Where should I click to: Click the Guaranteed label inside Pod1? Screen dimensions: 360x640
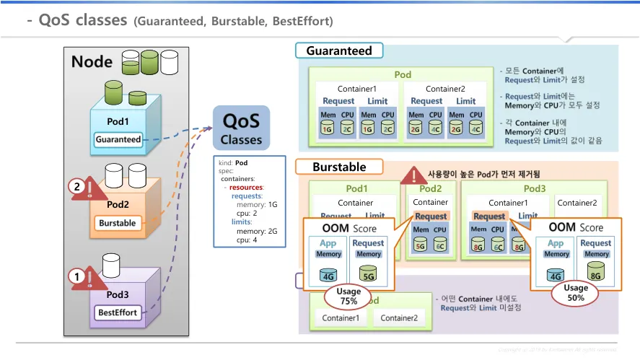pos(118,139)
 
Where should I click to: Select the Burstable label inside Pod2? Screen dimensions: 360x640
pos(118,223)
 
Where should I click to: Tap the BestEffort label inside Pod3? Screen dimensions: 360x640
pos(118,313)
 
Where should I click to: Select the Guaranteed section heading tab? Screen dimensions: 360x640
pos(339,51)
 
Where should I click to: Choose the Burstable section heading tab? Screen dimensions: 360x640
pos(339,167)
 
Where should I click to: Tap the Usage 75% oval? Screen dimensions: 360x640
pos(349,296)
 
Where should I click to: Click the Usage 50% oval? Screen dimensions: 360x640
pos(576,292)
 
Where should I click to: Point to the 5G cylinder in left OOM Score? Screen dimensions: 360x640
pos(368,274)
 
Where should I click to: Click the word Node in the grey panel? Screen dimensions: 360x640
pos(92,61)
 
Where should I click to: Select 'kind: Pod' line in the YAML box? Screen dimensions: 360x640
pos(232,162)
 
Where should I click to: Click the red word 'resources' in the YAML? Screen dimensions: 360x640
pos(247,187)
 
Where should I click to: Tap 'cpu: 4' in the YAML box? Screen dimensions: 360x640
pos(248,240)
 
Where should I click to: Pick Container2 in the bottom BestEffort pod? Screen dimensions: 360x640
pos(398,318)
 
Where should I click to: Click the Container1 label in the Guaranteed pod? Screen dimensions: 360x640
pos(356,89)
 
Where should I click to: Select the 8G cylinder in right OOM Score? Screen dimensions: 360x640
pos(596,274)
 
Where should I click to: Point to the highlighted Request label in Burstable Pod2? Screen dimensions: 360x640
pos(431,216)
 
